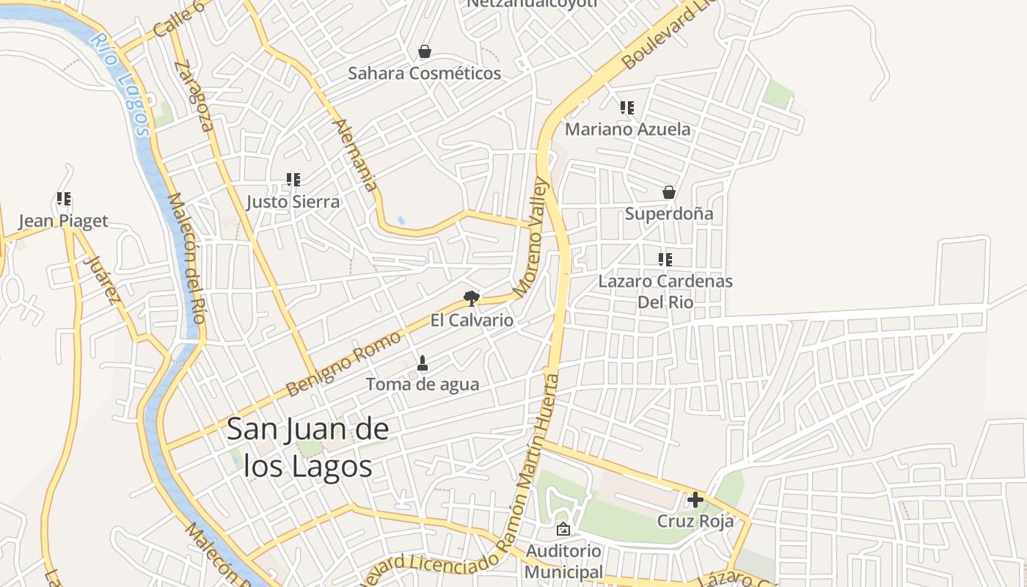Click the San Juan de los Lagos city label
coord(307,448)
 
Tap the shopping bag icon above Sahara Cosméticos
coord(424,51)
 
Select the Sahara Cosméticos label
coord(424,73)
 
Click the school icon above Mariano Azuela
coord(626,108)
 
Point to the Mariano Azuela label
coord(627,129)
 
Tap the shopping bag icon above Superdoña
coord(668,192)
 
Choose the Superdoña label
coord(668,214)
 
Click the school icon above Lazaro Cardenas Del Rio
coord(665,259)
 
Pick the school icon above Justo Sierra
coord(293,180)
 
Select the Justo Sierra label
coord(293,202)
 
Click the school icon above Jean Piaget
coord(63,199)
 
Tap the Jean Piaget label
coord(63,221)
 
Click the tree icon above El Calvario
coord(471,298)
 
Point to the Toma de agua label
coord(422,384)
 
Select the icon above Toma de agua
coord(422,362)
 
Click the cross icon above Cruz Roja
coord(695,500)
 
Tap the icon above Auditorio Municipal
coord(563,528)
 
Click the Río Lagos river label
coord(121,84)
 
